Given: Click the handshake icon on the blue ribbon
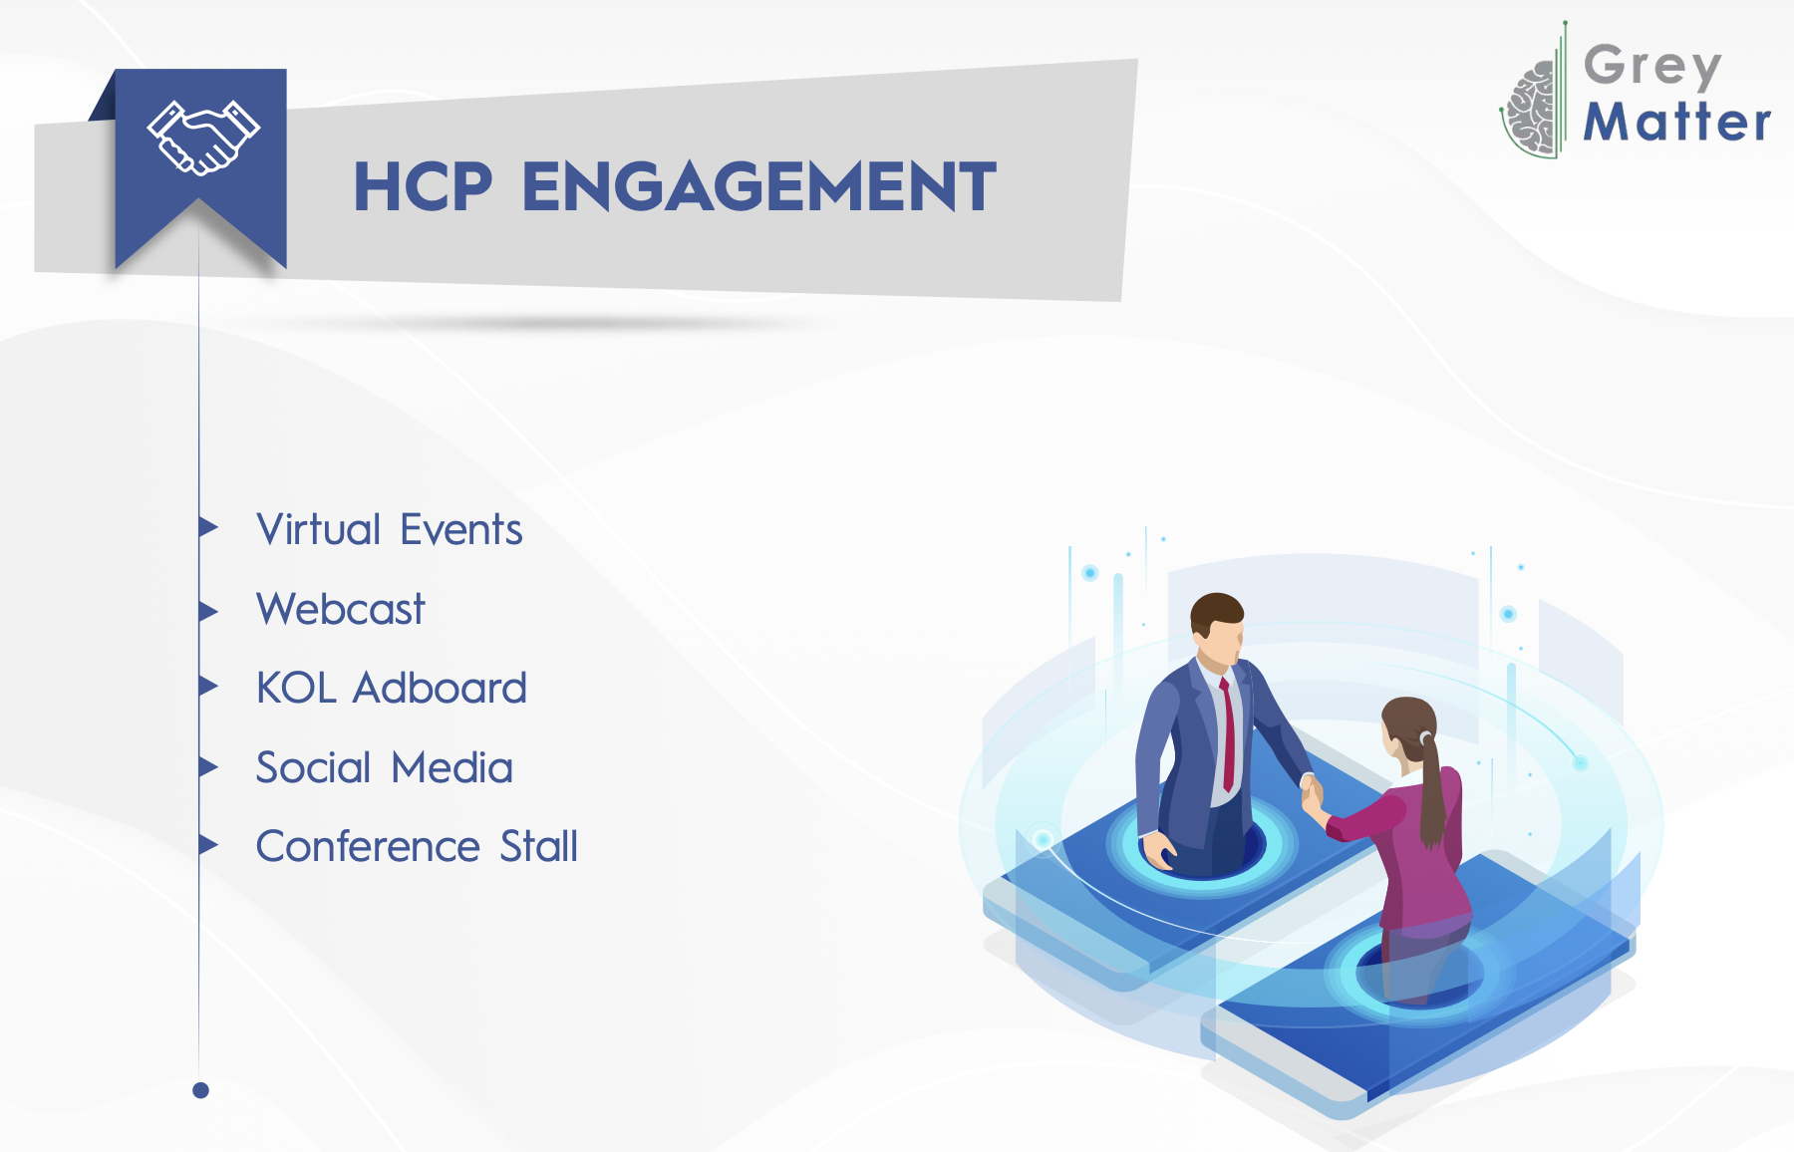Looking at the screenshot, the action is coord(203,138).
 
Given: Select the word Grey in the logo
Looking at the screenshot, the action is coord(1652,66).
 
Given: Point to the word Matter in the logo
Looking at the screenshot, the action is coord(1677,122).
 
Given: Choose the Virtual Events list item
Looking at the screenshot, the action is coord(389,529).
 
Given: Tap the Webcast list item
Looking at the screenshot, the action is coord(340,609).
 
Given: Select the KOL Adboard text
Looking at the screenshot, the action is coord(391,688).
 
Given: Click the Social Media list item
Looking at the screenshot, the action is coord(384,767).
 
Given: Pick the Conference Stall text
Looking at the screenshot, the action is coord(417,846).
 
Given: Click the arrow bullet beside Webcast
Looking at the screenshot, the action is coord(207,611).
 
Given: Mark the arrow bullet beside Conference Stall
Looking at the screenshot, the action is coord(207,845).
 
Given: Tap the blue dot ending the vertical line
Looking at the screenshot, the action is coord(200,1090).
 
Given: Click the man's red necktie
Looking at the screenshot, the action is coord(1228,732).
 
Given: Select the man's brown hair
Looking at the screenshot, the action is coord(1216,610).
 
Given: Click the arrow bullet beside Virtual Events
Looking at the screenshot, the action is coord(207,526).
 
